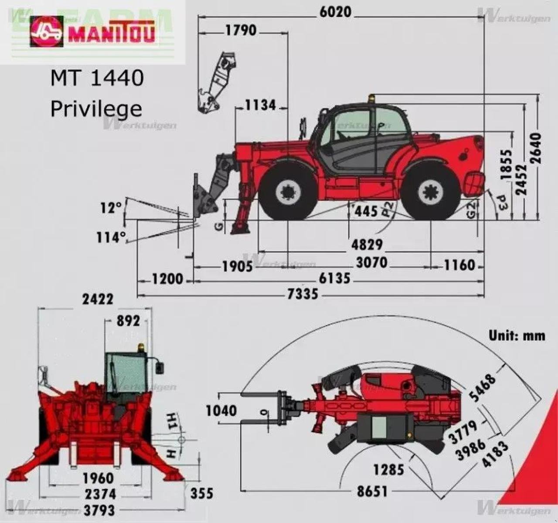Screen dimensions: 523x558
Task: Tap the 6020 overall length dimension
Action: point(335,12)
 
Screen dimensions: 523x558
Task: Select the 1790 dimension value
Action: point(241,31)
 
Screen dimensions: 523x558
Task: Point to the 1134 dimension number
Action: point(260,105)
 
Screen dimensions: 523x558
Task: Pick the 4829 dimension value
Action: point(367,244)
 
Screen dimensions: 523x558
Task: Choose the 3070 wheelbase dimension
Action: point(371,263)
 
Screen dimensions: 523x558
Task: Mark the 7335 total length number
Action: point(303,295)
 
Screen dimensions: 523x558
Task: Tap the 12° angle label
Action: point(111,208)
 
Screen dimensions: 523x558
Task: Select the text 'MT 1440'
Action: point(97,79)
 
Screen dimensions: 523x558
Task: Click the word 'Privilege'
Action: point(96,109)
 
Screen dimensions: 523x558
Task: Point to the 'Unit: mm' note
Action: point(517,335)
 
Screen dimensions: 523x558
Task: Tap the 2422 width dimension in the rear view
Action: point(98,299)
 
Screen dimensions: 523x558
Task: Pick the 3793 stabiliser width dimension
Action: point(100,509)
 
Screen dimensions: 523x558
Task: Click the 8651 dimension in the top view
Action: point(372,492)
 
